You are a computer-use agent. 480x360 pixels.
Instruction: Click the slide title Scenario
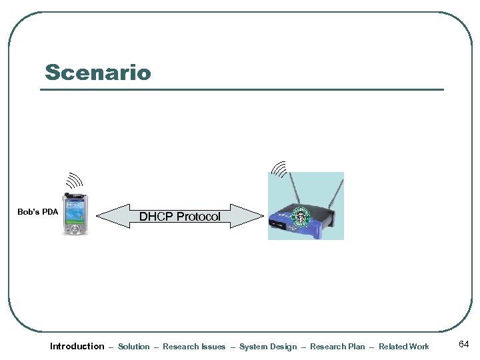[x=98, y=72]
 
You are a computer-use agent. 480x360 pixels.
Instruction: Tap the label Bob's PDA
[x=37, y=213]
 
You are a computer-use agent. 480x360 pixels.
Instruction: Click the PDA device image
[x=75, y=214]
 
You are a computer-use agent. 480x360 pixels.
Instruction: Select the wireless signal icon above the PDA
[x=73, y=181]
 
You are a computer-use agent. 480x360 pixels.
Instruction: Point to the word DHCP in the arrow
[x=155, y=217]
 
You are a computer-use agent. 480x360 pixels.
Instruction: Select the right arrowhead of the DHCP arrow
[x=254, y=216]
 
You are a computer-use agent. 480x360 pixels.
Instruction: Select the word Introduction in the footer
[x=77, y=346]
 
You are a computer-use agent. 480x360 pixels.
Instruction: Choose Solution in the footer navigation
[x=134, y=347]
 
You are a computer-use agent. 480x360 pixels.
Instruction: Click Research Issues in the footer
[x=194, y=347]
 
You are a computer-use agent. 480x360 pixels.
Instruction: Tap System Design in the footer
[x=268, y=347]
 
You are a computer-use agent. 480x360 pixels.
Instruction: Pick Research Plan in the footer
[x=337, y=347]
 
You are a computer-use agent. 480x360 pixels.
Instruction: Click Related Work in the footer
[x=404, y=347]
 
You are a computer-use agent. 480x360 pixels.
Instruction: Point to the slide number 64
[x=464, y=344]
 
